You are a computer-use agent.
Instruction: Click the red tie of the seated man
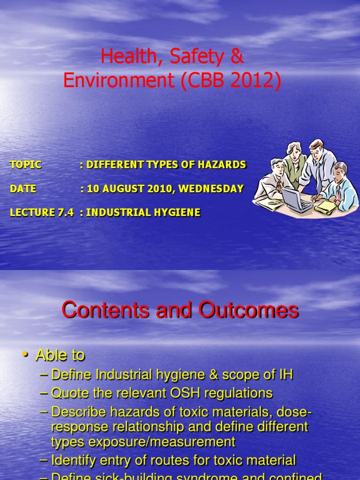pos(338,192)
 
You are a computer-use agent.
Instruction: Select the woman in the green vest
pos(294,164)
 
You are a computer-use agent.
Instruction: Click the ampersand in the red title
pos(237,57)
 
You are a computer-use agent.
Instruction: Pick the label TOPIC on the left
pos(25,165)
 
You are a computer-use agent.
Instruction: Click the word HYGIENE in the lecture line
pos(178,212)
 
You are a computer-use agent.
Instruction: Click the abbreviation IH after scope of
pos(286,375)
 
